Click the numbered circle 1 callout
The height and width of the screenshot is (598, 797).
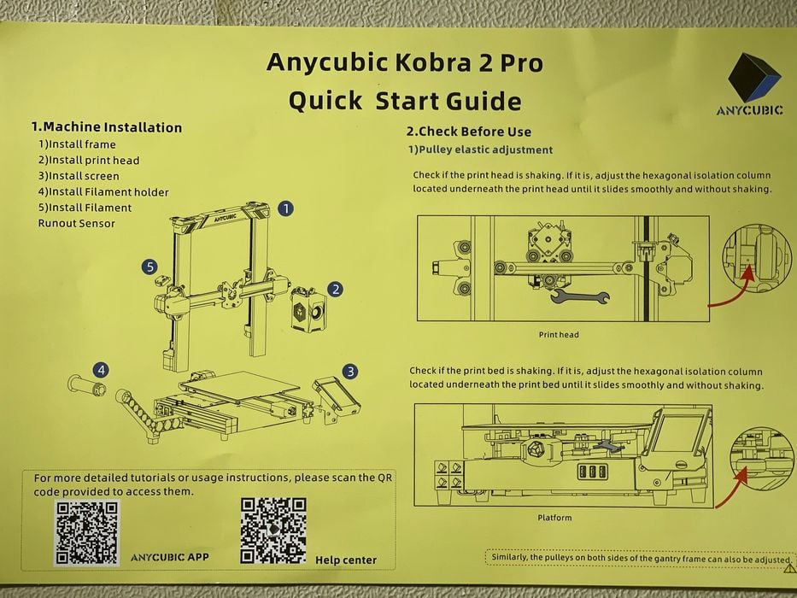click(x=285, y=208)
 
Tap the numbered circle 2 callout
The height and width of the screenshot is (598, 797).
click(x=335, y=290)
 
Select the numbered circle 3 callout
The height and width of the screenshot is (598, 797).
click(x=349, y=372)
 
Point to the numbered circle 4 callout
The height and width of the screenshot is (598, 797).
click(x=101, y=370)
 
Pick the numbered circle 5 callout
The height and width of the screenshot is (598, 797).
click(x=149, y=267)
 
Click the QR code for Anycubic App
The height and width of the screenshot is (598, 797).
click(x=87, y=532)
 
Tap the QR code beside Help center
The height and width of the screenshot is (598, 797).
click(x=273, y=530)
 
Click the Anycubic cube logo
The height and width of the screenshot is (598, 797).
click(x=753, y=77)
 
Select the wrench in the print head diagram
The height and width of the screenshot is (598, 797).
click(x=579, y=296)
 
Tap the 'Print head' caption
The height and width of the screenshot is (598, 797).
click(x=559, y=335)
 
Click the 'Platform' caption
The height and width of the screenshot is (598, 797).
click(x=554, y=518)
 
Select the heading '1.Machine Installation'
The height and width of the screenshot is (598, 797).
click(x=107, y=127)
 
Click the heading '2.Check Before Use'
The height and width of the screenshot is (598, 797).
click(x=469, y=132)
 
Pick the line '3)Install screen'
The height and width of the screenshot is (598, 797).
click(x=79, y=176)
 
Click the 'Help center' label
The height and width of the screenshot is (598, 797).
click(x=346, y=560)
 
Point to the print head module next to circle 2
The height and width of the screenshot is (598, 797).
click(x=308, y=310)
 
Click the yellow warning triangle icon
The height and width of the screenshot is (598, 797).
click(x=789, y=567)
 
